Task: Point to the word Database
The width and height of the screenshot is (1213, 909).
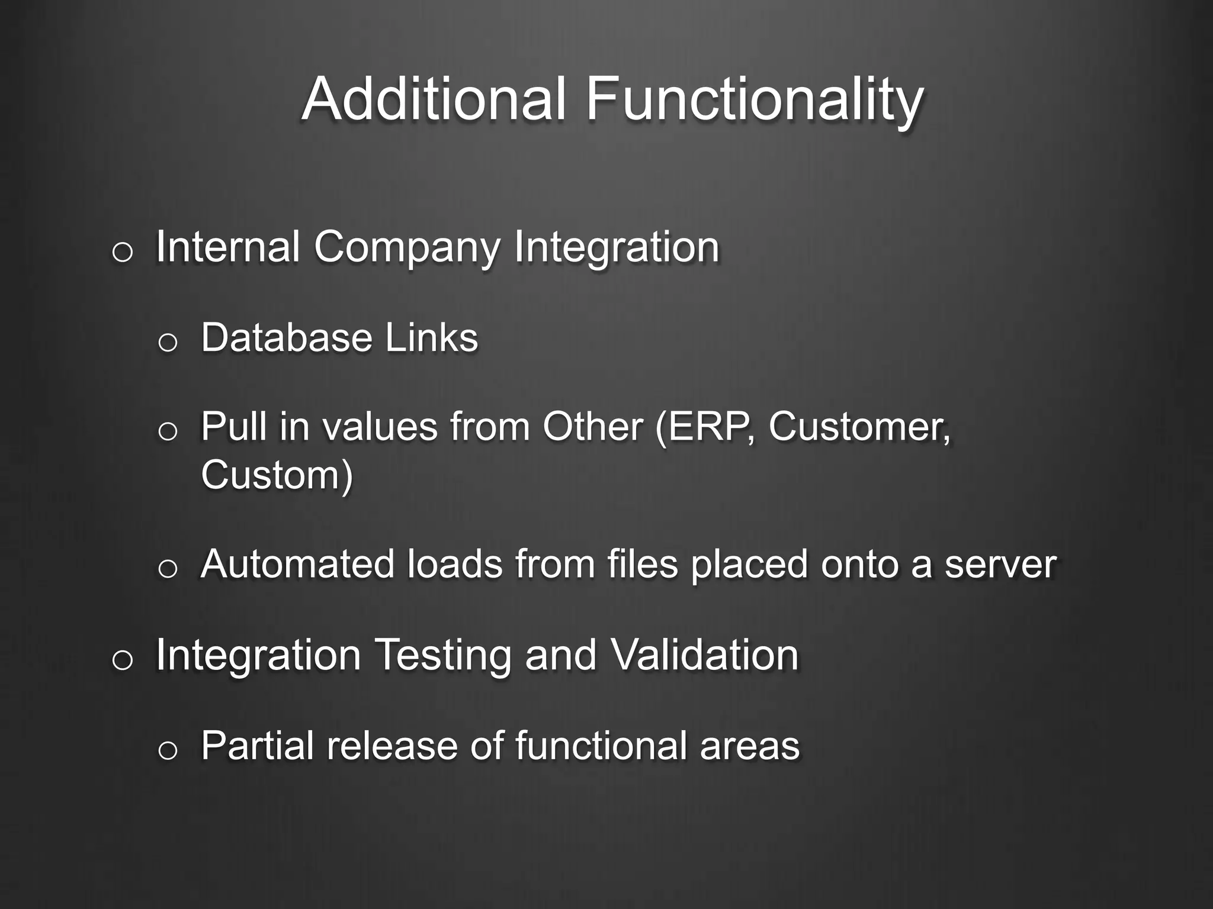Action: [x=287, y=338]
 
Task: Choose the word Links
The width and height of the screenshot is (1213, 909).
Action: [x=431, y=338]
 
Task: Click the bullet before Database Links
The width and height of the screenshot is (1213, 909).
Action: [x=168, y=342]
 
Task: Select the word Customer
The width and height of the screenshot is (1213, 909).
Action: [x=859, y=427]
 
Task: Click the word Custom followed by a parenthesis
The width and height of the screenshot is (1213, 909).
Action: [x=276, y=475]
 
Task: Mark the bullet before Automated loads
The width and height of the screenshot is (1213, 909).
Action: [x=168, y=569]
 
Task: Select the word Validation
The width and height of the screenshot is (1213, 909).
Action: [x=704, y=655]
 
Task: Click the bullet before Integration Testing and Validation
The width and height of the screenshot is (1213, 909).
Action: [x=122, y=660]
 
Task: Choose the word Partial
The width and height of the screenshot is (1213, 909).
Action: [x=257, y=746]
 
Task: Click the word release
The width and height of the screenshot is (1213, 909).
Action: [x=392, y=746]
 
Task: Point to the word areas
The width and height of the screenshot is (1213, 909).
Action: [x=749, y=747]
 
